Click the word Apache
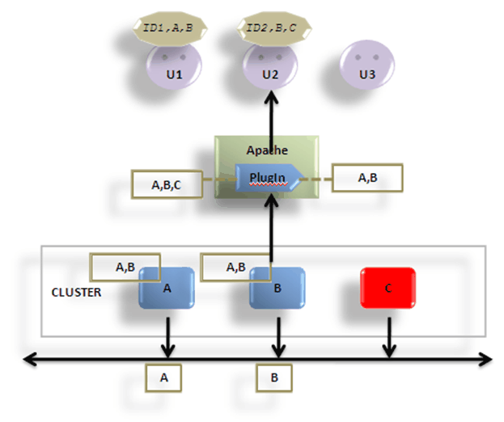coord(267,151)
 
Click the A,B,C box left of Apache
coord(166,184)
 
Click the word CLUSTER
coord(76,292)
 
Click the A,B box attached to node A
coord(125,266)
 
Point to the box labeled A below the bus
coord(164,377)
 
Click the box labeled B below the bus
coord(274,377)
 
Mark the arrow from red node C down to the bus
coord(388,335)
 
